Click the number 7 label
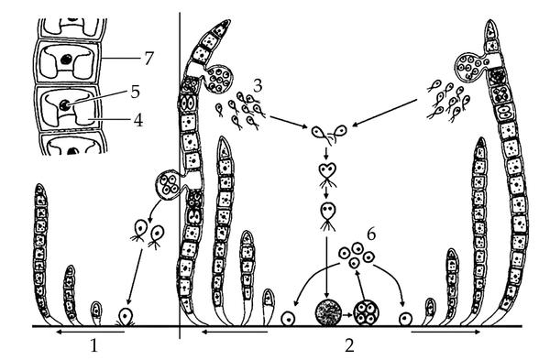point(148,59)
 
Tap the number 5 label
point(135,92)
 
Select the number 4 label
point(137,120)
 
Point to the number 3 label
point(258,85)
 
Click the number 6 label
point(371,235)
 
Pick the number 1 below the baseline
point(93,345)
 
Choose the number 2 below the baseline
point(349,345)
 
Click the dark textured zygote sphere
point(328,312)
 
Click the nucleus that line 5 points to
point(64,104)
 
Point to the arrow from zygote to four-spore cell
point(347,315)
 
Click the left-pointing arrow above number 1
point(90,332)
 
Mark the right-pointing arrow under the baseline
point(445,332)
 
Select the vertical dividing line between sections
point(180,175)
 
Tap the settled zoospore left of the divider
point(125,317)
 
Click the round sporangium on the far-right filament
point(470,66)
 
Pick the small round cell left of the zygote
point(288,319)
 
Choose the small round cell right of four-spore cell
point(405,319)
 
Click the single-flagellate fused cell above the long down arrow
point(327,215)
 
